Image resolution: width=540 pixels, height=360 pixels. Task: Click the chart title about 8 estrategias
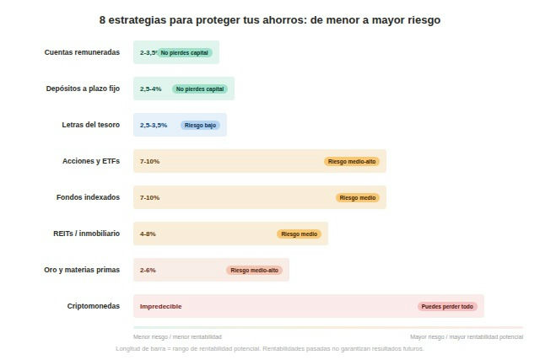pos(270,19)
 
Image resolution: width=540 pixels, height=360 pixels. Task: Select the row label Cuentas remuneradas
pos(82,52)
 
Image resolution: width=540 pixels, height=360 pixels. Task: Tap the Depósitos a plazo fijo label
pos(83,89)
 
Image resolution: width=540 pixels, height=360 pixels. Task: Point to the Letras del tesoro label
pos(90,125)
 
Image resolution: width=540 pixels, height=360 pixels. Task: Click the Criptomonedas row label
pos(94,306)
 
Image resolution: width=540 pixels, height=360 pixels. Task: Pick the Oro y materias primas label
pos(82,270)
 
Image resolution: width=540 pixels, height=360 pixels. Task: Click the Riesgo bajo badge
pos(200,125)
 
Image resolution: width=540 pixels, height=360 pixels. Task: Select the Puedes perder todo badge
pos(447,306)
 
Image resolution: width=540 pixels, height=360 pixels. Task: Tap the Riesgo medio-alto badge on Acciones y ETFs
pos(352,161)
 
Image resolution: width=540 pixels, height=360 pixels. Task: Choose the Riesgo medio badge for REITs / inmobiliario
pos(299,234)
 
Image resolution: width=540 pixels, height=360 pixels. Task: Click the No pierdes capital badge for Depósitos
pos(200,89)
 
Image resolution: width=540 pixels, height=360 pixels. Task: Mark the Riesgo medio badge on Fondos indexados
pos(357,197)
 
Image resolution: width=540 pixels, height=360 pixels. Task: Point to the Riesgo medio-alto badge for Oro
pos(254,270)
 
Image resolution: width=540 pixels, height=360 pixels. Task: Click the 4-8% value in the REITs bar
pos(148,234)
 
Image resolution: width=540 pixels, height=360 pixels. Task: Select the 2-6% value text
pos(148,270)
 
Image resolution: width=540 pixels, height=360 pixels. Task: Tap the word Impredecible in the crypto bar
pos(160,306)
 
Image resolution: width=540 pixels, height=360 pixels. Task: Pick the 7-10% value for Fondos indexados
pos(149,197)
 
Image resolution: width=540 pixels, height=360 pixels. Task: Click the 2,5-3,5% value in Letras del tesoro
pos(154,125)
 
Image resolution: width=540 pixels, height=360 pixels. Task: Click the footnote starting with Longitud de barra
pos(270,348)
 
